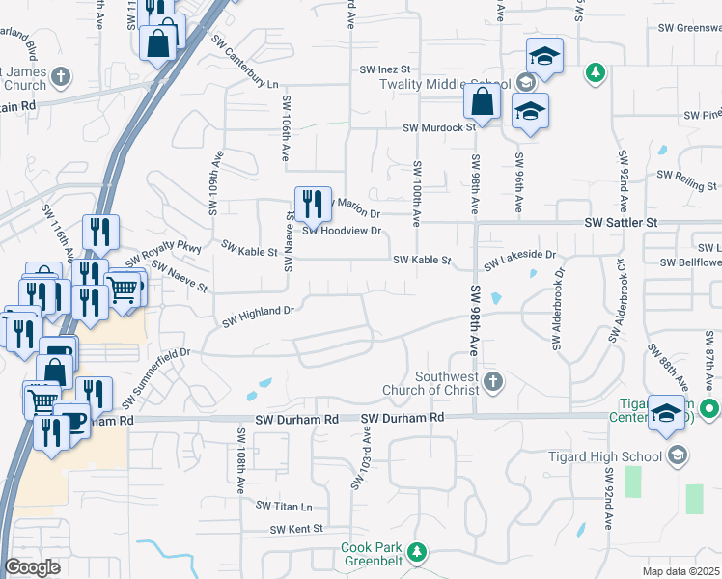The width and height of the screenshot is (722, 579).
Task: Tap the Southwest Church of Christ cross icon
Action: point(493,381)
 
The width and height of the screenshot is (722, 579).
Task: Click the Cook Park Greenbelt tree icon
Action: point(416,553)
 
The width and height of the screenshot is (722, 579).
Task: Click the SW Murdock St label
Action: point(439,126)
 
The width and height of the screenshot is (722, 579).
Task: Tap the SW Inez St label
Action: point(385,69)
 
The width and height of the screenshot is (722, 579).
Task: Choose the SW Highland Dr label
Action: point(258,315)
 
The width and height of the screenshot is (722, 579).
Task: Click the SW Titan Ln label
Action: point(285,506)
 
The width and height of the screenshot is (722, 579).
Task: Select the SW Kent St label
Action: point(295,529)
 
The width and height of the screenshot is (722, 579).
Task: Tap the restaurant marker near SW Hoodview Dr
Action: point(313,204)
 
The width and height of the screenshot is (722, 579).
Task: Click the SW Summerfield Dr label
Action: point(159,374)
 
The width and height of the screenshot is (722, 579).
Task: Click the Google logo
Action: point(32,567)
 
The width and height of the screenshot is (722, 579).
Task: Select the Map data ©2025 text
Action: point(680,571)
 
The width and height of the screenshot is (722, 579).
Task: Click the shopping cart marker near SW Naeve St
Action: point(124,289)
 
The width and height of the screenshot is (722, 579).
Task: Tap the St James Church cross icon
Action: point(60,76)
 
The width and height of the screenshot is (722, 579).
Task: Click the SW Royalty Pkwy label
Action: point(161,256)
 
